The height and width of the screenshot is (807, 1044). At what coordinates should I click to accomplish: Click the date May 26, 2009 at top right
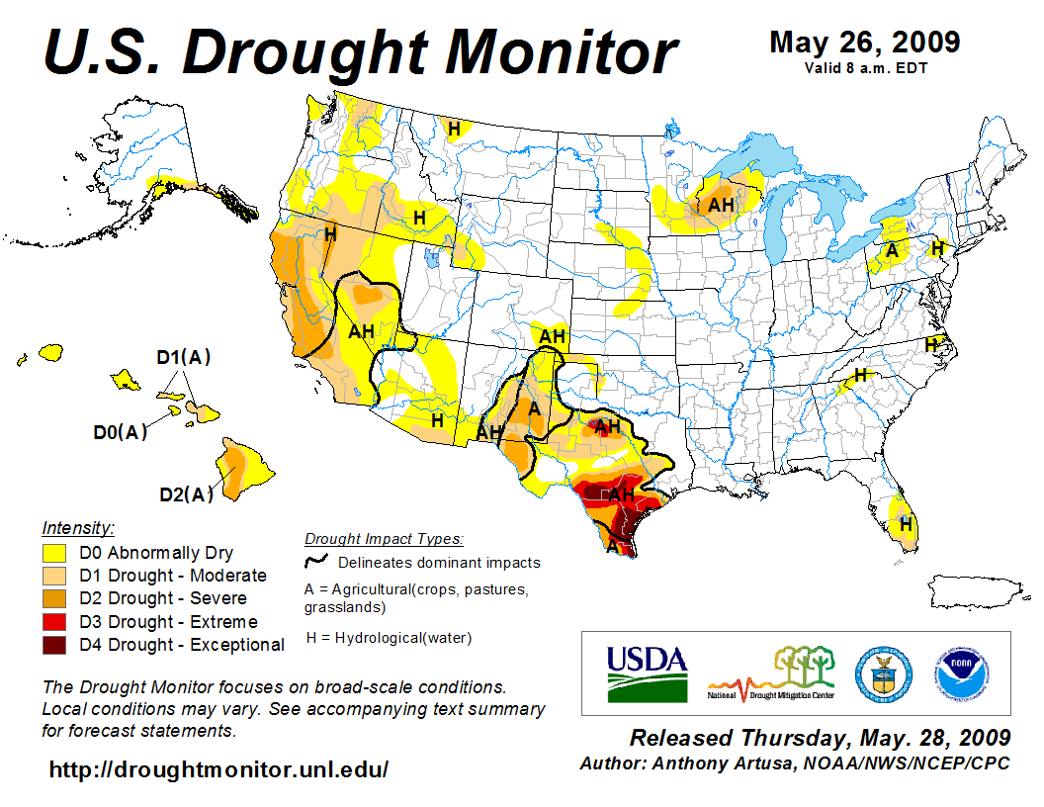(x=864, y=43)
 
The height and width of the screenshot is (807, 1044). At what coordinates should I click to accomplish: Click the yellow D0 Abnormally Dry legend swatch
(x=54, y=553)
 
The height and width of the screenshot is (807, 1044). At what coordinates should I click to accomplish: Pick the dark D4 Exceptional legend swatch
(x=54, y=645)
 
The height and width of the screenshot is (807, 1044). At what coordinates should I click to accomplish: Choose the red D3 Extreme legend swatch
(x=54, y=622)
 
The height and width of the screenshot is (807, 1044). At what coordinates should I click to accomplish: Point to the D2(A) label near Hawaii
(x=186, y=493)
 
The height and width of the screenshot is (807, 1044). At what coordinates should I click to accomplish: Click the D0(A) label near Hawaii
(x=120, y=431)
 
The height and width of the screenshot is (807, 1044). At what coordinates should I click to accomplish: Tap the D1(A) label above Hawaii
(x=184, y=357)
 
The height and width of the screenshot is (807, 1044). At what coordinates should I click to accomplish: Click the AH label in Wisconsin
(x=722, y=205)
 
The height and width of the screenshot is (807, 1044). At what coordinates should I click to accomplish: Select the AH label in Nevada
(x=362, y=331)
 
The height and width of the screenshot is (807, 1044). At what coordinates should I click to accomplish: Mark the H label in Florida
(x=904, y=523)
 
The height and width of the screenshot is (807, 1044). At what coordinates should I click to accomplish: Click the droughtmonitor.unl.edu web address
(x=218, y=769)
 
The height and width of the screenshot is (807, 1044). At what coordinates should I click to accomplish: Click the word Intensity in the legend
(x=78, y=527)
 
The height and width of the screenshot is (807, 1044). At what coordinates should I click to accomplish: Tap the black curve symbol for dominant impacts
(x=316, y=561)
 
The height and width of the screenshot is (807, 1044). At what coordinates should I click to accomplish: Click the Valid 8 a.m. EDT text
(x=865, y=67)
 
